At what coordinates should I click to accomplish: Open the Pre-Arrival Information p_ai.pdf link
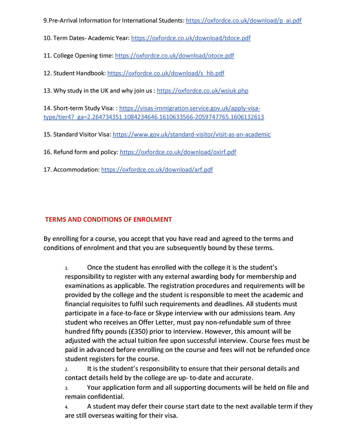(243, 20)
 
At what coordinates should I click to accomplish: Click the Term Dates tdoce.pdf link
(191, 38)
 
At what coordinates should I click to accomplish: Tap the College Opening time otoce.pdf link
(174, 56)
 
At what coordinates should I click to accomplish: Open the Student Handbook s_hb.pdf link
(165, 73)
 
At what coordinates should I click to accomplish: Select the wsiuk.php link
(202, 91)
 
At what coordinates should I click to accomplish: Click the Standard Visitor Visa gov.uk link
(192, 135)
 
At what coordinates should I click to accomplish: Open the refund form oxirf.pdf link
(178, 152)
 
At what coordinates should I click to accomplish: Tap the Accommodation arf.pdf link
(157, 169)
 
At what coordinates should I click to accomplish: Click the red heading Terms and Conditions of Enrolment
(108, 220)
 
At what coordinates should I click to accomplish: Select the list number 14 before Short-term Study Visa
(47, 108)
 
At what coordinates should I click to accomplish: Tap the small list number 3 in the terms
(67, 388)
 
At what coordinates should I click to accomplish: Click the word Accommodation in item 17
(76, 169)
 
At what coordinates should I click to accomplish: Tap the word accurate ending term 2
(239, 378)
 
